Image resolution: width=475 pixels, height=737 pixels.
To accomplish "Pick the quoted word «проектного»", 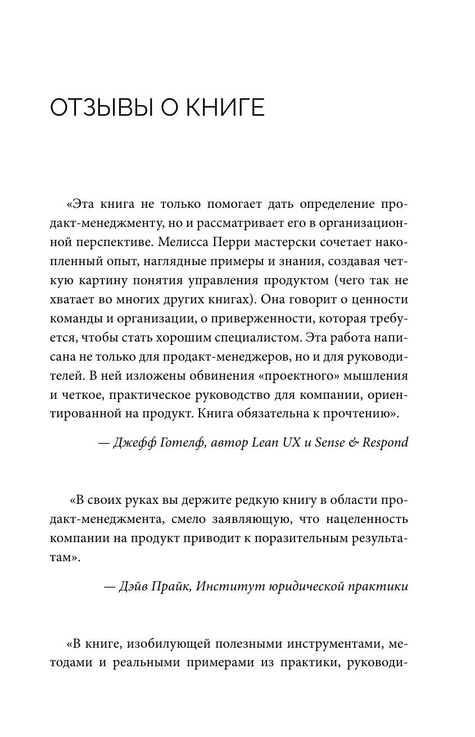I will point(298,376).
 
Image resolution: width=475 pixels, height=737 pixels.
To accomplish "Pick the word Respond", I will point(385,443).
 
